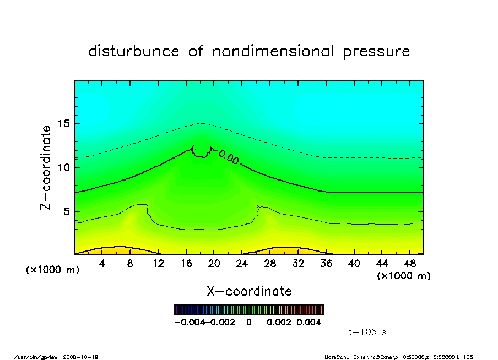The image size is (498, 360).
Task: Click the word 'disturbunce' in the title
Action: tap(134, 52)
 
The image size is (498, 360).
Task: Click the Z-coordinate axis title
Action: tap(46, 167)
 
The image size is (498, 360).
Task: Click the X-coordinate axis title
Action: tap(249, 291)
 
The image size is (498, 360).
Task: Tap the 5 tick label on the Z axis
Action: tap(67, 211)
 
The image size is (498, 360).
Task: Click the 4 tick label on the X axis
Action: tap(102, 264)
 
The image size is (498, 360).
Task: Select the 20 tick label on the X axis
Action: tap(214, 264)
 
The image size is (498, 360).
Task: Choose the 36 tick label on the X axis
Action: tap(326, 264)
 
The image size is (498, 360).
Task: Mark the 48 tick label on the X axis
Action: tap(410, 264)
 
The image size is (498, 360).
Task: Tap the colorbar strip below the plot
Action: tap(248, 310)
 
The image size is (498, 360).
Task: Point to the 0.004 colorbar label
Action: tap(308, 322)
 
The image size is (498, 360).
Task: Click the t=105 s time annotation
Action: tap(369, 332)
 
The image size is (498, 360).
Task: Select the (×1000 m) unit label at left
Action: tap(53, 270)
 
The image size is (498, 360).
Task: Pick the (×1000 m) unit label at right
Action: tap(404, 276)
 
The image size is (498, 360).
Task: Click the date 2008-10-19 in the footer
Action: tap(84, 357)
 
